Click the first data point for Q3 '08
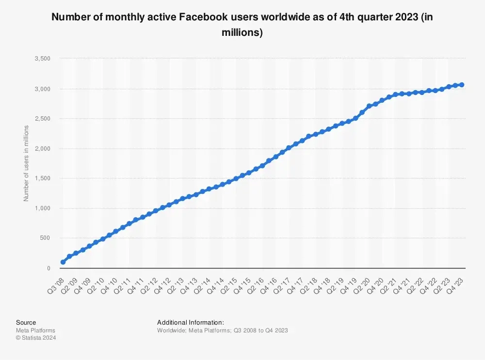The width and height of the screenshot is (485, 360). click(63, 262)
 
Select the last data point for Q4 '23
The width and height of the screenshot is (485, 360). click(462, 85)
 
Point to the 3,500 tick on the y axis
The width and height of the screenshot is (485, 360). click(43, 59)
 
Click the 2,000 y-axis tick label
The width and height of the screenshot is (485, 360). click(43, 149)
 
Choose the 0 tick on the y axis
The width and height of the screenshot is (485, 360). click(49, 268)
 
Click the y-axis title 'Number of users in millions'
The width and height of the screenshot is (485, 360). click(26, 163)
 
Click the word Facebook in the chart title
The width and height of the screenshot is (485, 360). click(200, 17)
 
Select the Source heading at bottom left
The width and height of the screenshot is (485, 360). click(26, 322)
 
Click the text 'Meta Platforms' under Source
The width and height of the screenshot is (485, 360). click(35, 330)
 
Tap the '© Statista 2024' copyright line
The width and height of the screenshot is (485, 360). click(36, 338)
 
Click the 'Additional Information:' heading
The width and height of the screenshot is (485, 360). click(191, 322)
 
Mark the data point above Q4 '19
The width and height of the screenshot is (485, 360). click(356, 118)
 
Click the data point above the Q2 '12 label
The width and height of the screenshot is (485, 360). click(156, 211)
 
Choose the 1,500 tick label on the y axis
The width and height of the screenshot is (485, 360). click(43, 178)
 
